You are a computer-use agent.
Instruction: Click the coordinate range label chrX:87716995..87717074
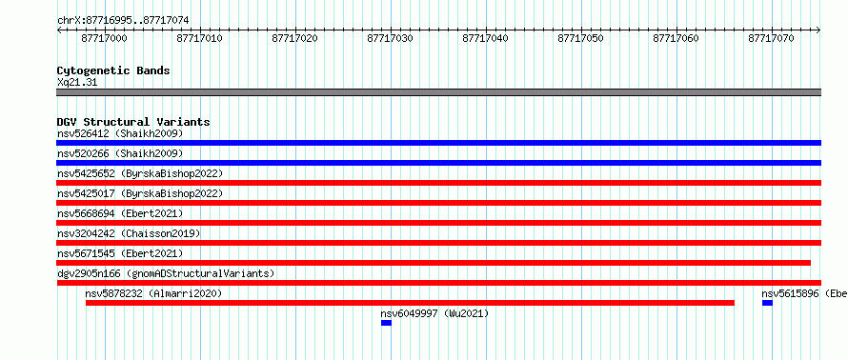click(x=123, y=21)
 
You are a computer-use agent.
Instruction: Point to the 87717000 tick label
click(x=105, y=38)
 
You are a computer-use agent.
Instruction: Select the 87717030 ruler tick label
click(x=390, y=38)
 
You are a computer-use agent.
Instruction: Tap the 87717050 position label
click(x=580, y=38)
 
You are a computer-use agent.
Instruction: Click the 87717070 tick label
click(x=771, y=38)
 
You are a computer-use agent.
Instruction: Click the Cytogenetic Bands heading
click(x=113, y=70)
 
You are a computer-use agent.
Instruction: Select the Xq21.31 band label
click(x=77, y=83)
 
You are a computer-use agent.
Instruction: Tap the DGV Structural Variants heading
click(x=133, y=122)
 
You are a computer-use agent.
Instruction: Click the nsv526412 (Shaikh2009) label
click(x=120, y=133)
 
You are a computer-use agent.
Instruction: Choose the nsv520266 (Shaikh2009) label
click(x=120, y=153)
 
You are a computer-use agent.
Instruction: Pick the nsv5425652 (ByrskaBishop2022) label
click(x=140, y=173)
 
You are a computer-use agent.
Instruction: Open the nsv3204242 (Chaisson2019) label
click(x=129, y=233)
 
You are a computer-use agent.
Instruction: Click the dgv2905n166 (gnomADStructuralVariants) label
click(x=166, y=273)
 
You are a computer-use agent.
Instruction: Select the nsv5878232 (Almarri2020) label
click(x=153, y=293)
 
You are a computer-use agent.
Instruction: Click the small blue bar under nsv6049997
click(x=386, y=323)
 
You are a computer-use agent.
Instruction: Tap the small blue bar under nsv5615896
click(x=767, y=303)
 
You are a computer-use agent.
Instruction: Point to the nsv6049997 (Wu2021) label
click(x=434, y=313)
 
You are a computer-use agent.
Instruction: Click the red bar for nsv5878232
click(x=410, y=303)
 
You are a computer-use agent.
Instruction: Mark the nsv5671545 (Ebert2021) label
click(x=120, y=253)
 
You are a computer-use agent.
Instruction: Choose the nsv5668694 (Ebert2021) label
click(x=120, y=213)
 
